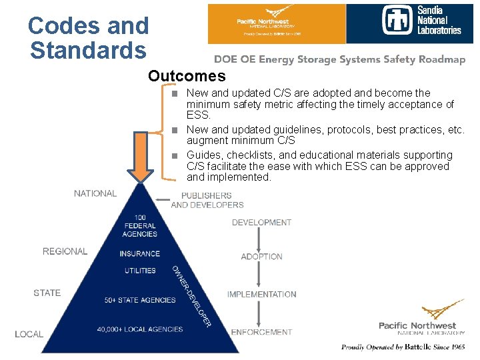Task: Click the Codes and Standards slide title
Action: pos(88,38)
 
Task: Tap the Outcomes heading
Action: pos(187,76)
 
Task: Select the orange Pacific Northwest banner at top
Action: pos(277,23)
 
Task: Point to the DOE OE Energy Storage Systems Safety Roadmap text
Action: pos(339,59)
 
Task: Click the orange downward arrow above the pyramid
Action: pos(141,157)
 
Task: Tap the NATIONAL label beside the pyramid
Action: pos(95,193)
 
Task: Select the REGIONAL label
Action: pos(65,251)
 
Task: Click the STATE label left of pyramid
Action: pos(47,293)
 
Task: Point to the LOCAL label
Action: pos(29,334)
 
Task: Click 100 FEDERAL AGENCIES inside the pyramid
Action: pos(140,226)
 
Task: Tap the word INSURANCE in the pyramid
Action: pos(140,253)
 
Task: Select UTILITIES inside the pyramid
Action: pos(140,271)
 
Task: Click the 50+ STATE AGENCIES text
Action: pos(140,300)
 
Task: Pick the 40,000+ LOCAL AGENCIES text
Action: pos(140,329)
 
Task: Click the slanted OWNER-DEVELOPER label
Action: pos(192,296)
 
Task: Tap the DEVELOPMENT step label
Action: pos(261,223)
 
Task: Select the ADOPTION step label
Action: pos(261,257)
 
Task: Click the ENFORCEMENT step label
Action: pos(261,332)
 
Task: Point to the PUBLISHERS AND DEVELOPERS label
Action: pos(207,200)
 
